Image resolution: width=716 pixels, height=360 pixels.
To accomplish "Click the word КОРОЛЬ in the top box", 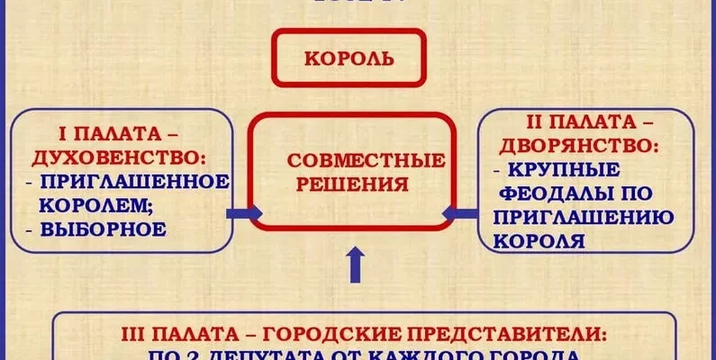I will pyautogui.click(x=350, y=58).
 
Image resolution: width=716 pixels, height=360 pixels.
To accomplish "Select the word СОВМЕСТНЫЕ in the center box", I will pyautogui.click(x=366, y=162).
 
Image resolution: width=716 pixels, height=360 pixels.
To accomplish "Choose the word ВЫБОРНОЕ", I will pyautogui.click(x=104, y=229).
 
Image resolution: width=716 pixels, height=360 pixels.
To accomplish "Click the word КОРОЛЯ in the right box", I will pyautogui.click(x=539, y=240).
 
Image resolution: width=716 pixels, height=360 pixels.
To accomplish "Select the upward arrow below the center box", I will pyautogui.click(x=356, y=265).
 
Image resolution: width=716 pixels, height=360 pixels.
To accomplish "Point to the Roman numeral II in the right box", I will pyautogui.click(x=536, y=120).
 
